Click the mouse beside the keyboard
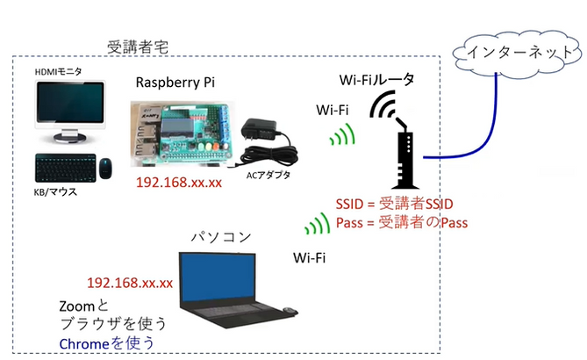click(x=105, y=166)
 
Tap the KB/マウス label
click(x=55, y=191)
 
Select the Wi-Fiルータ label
click(x=376, y=80)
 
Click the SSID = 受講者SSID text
click(x=392, y=204)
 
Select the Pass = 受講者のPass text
click(x=401, y=222)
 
